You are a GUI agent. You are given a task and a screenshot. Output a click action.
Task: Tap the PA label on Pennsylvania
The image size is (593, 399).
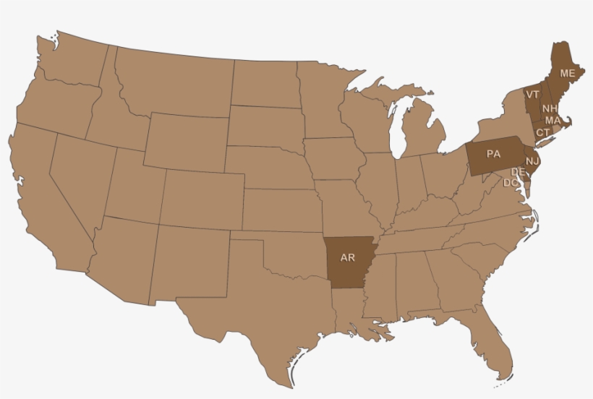(493, 154)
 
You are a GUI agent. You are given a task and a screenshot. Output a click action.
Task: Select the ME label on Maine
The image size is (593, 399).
(567, 74)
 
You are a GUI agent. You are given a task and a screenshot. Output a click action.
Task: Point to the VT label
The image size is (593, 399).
(532, 95)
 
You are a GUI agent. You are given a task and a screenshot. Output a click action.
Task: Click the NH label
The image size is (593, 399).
(549, 108)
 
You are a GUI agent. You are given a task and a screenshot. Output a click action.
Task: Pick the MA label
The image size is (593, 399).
(553, 120)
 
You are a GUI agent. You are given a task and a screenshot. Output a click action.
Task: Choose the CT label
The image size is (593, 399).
(542, 132)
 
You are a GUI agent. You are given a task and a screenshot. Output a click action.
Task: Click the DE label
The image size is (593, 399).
(518, 172)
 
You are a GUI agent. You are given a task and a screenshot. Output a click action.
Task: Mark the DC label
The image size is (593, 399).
(511, 183)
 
